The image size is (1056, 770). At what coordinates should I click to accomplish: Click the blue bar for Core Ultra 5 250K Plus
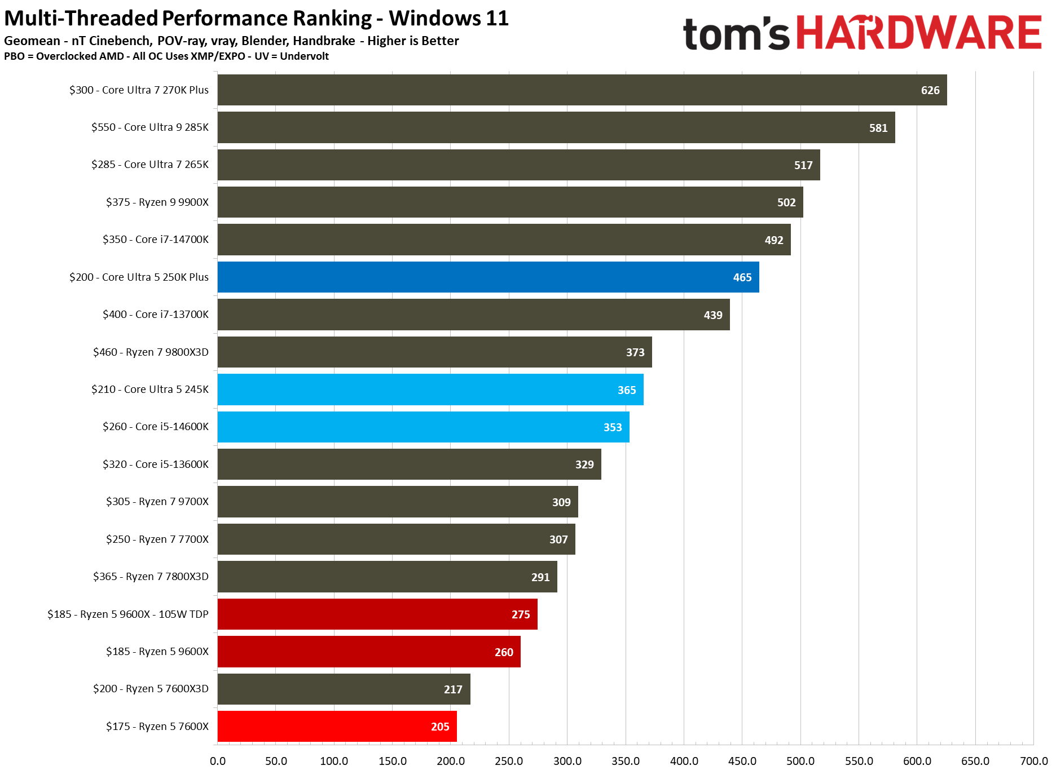click(x=488, y=277)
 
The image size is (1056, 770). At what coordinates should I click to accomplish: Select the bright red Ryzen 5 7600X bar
click(x=337, y=727)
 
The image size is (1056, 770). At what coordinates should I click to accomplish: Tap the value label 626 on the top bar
click(x=930, y=90)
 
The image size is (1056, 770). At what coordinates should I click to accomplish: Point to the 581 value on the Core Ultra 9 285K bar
click(x=878, y=128)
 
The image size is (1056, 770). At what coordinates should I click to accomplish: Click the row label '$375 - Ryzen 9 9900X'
click(x=157, y=202)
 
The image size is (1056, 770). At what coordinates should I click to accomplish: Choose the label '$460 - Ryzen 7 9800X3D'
click(x=151, y=352)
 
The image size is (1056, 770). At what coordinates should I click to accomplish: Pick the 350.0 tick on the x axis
click(x=626, y=761)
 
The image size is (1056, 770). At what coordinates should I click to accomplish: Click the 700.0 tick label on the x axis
click(x=1033, y=761)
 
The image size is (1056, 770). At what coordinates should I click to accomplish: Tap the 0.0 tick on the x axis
click(x=218, y=761)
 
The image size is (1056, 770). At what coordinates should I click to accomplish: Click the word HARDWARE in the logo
click(x=919, y=33)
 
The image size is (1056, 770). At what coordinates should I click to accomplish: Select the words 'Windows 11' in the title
click(x=448, y=19)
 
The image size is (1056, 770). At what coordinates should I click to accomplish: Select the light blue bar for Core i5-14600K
click(x=423, y=427)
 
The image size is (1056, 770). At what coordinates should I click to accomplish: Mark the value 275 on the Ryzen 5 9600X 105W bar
click(x=521, y=614)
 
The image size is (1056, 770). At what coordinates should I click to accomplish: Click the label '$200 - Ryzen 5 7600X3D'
click(x=151, y=689)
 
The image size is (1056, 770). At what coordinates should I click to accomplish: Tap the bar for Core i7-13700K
click(x=473, y=315)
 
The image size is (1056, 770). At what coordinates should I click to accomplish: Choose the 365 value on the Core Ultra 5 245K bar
click(x=627, y=390)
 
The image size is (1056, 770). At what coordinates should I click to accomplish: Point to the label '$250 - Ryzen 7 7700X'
click(x=157, y=539)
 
